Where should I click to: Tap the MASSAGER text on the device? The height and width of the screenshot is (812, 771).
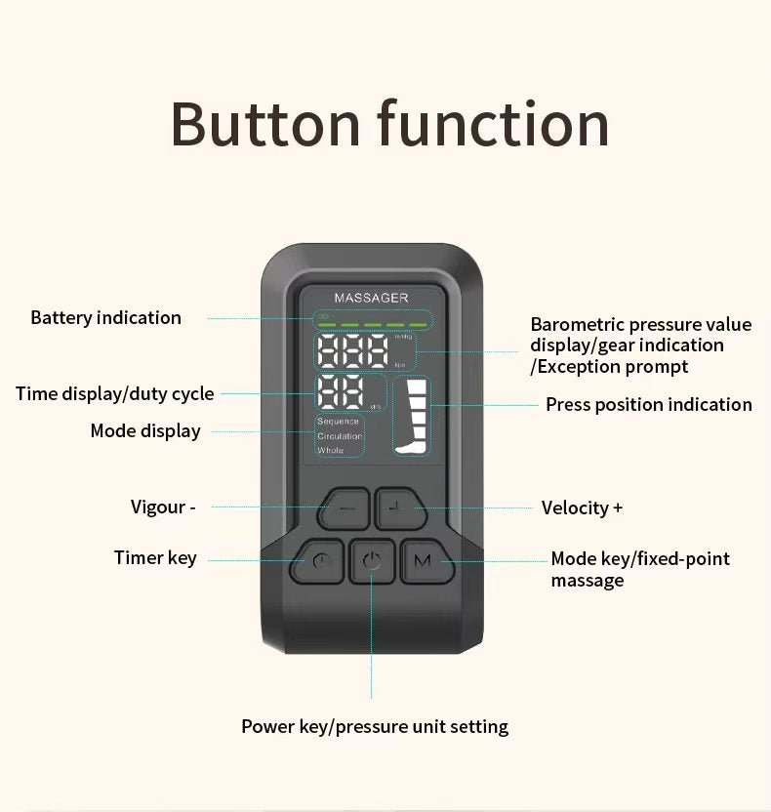coord(371,297)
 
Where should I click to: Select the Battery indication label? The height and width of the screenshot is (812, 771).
coord(105,317)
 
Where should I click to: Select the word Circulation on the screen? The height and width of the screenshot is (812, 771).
coord(340,436)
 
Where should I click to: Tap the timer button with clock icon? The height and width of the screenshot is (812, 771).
coord(322,561)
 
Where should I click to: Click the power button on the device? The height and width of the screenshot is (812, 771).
coord(371,561)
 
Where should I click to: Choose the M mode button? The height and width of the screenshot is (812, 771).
coord(421,561)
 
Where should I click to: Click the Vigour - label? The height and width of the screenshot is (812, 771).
coord(163,507)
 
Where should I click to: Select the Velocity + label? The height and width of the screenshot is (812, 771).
coord(582,507)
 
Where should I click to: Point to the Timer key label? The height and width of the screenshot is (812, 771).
coord(155,558)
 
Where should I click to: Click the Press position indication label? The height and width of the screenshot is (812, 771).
coord(648,404)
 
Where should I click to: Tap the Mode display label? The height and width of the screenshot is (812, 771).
coord(145,430)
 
